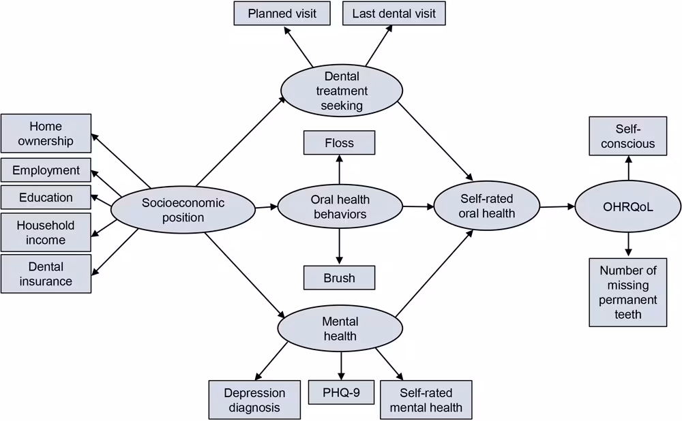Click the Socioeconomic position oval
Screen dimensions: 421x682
183,210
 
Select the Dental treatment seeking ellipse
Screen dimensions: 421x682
342,91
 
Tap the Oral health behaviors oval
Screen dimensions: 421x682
340,207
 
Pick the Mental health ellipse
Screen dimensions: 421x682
340,328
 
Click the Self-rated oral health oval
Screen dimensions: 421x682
486,206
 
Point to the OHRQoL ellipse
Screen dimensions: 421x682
627,206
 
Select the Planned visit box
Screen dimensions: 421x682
282,14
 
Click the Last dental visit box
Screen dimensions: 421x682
394,14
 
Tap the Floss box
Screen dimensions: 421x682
339,143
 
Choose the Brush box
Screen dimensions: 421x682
339,278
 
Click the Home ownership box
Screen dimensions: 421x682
46,134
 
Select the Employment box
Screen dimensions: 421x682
46,170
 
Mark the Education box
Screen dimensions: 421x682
46,198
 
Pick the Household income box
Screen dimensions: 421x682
46,232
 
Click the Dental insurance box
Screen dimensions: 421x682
46,274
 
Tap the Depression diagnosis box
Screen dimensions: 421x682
254,400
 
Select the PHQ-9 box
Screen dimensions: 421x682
341,392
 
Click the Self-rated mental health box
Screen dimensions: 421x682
426,400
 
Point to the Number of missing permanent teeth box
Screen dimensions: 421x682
628,292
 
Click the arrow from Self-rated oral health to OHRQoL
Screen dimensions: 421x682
557,206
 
